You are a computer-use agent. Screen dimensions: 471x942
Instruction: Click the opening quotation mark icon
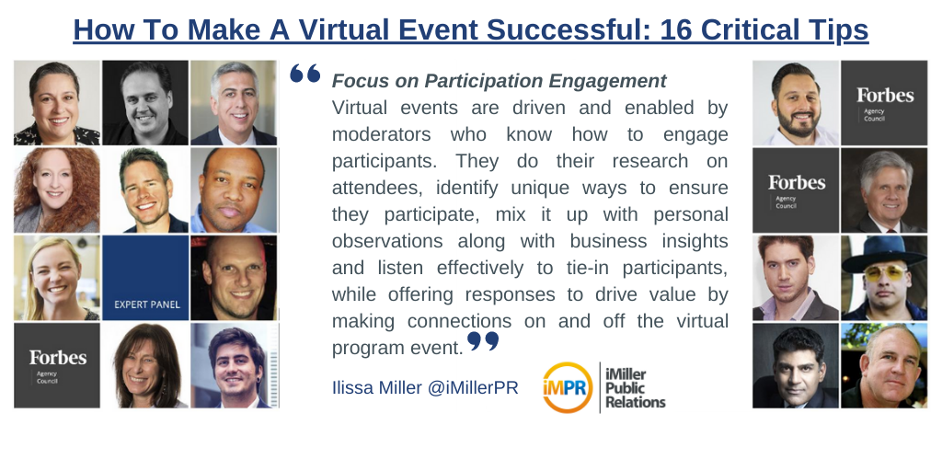click(x=304, y=75)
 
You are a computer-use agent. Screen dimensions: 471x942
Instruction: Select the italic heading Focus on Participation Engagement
click(x=499, y=81)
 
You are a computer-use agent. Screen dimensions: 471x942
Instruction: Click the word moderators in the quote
click(x=382, y=134)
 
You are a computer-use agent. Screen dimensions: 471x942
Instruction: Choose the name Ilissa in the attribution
click(x=353, y=387)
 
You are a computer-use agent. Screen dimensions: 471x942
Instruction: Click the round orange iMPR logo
click(x=568, y=387)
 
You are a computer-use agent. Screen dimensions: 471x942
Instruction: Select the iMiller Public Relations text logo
click(x=635, y=386)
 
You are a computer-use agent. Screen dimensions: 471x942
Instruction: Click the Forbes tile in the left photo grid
click(x=56, y=365)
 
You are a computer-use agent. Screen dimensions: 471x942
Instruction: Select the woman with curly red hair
click(x=56, y=190)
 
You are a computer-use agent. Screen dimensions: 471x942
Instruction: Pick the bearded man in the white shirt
click(x=796, y=103)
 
